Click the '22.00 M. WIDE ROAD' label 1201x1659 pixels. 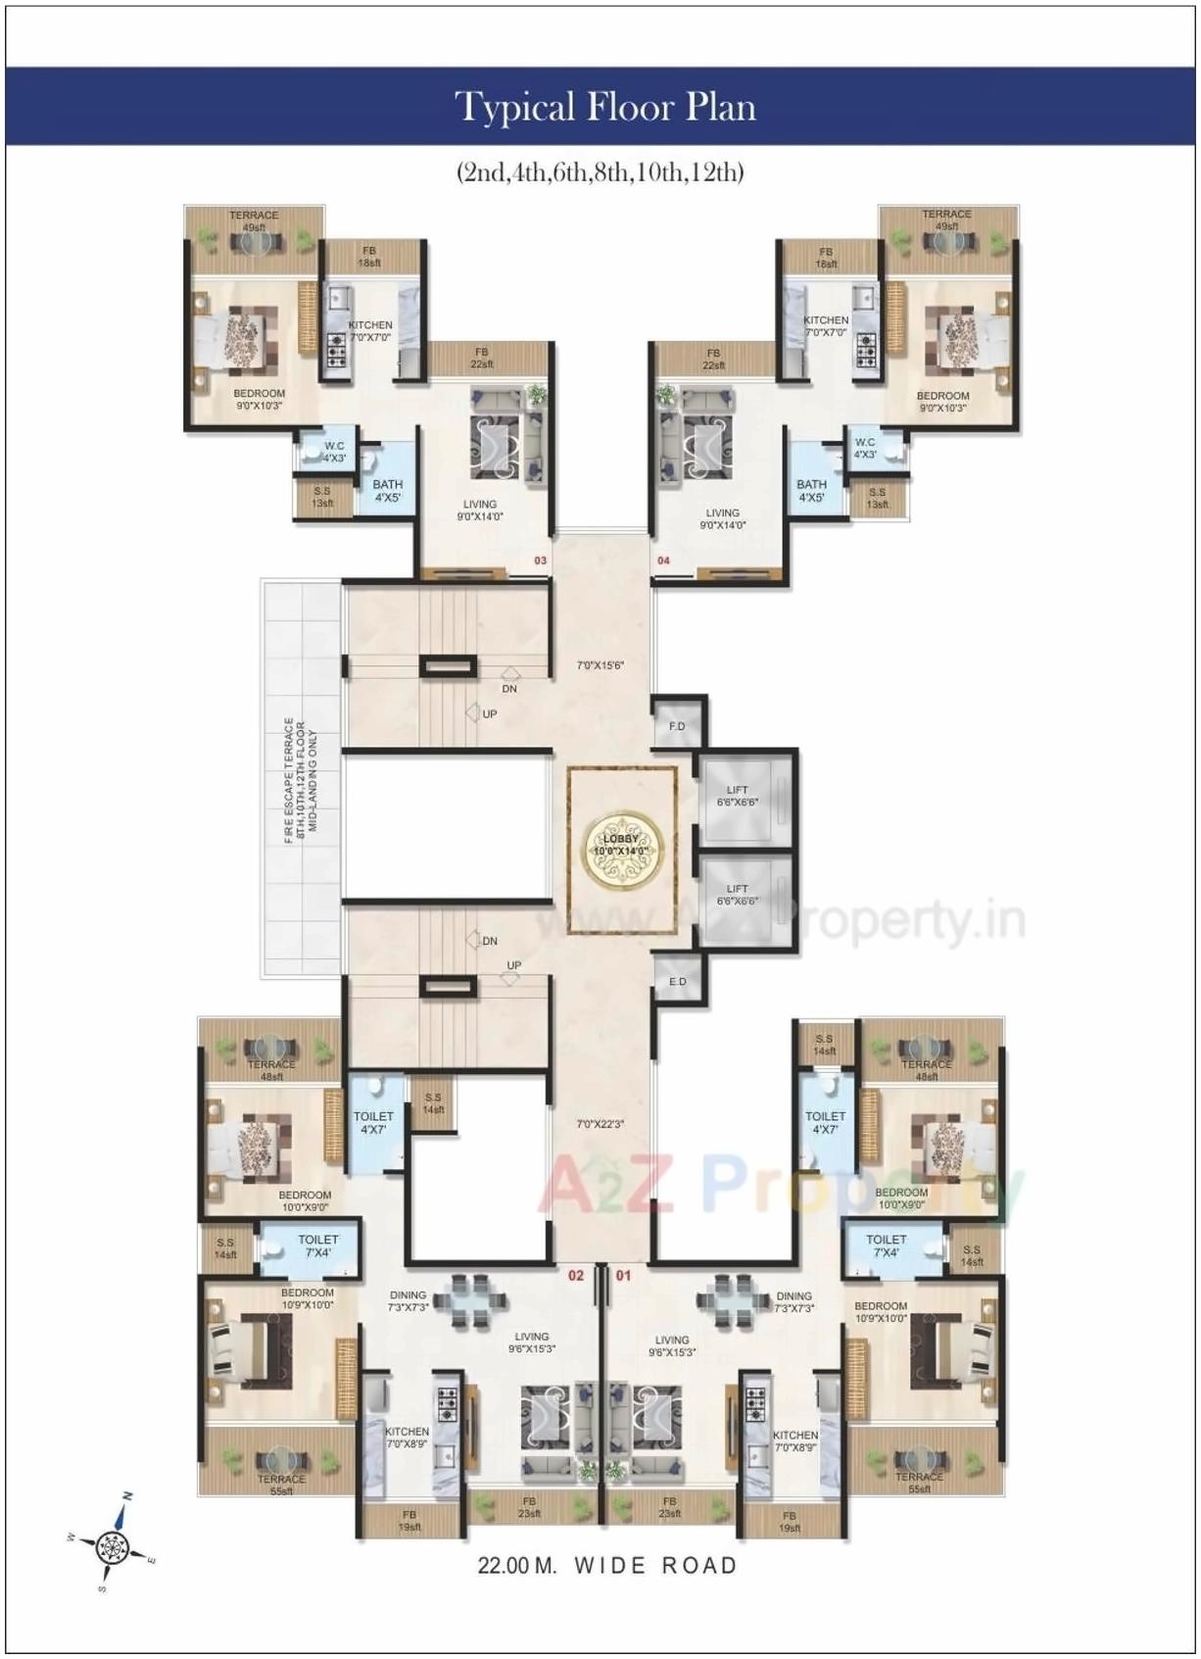pos(606,1565)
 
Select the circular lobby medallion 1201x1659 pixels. pos(621,845)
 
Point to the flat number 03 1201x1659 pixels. pos(539,561)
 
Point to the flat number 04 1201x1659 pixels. pos(663,561)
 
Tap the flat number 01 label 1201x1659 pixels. pos(624,1276)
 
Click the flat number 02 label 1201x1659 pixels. pos(576,1276)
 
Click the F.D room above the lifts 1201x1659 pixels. pos(677,726)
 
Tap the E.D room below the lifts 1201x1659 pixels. pos(677,981)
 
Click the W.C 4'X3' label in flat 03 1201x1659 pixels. pos(334,451)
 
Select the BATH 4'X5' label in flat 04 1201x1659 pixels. pos(811,490)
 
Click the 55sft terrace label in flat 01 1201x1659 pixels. pos(919,1483)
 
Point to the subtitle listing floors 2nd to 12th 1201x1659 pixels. pos(600,173)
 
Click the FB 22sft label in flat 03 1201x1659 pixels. pos(481,358)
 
